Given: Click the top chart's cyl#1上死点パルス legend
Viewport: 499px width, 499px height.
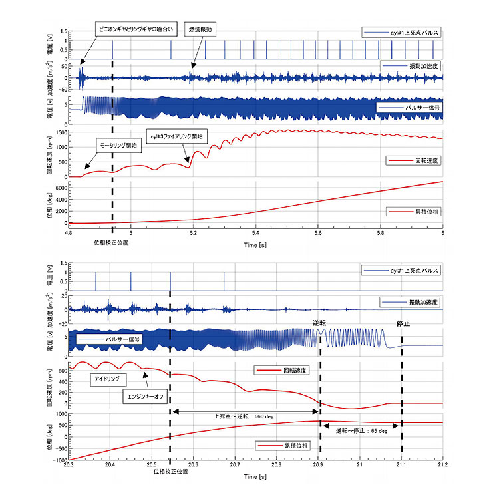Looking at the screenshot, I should (x=402, y=32).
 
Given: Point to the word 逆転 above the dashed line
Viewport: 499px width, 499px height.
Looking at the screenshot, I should (x=320, y=323).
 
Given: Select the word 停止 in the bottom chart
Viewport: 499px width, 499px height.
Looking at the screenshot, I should (x=402, y=324).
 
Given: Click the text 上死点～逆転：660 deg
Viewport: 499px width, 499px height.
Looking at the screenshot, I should (x=244, y=417).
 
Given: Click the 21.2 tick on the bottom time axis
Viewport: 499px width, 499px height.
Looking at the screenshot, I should (x=442, y=466).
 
